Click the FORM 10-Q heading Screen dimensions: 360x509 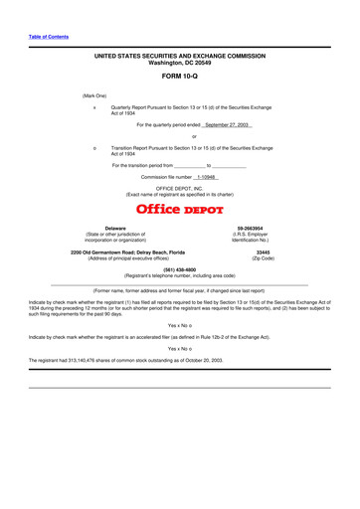click(x=179, y=76)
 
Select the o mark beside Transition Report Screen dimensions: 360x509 click(x=92, y=146)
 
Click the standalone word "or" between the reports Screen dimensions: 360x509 click(x=180, y=136)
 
